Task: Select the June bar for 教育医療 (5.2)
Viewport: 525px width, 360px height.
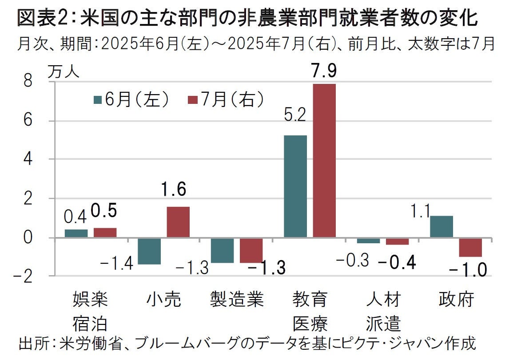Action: pos(295,186)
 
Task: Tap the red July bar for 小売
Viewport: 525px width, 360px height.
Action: pos(178,222)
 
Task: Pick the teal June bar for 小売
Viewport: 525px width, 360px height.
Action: pos(149,251)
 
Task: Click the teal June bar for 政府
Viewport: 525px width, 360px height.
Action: pos(441,227)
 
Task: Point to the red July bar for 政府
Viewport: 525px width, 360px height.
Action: pos(470,247)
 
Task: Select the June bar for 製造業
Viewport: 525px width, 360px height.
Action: pos(222,250)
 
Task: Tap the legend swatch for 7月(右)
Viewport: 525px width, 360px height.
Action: pos(193,100)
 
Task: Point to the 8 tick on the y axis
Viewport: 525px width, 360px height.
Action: pos(28,82)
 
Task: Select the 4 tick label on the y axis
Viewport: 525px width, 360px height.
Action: pos(28,159)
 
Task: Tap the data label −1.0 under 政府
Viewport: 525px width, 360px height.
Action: pos(469,269)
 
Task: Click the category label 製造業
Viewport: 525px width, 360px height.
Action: pos(237,301)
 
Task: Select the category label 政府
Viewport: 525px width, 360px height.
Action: pos(456,301)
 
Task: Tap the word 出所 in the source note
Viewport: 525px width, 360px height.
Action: pos(33,344)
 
